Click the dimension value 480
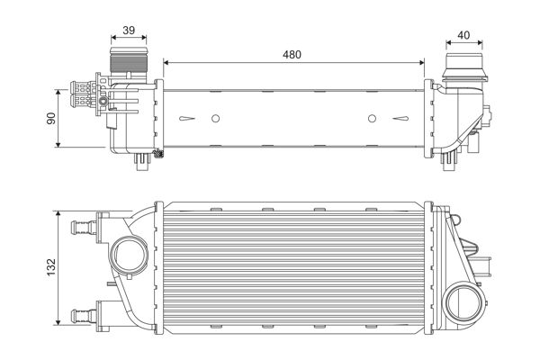pyautogui.click(x=291, y=54)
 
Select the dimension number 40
pyautogui.click(x=464, y=35)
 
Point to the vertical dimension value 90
pyautogui.click(x=51, y=118)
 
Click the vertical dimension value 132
pyautogui.click(x=51, y=267)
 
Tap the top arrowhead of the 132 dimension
pyautogui.click(x=60, y=216)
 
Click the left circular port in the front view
pyautogui.click(x=126, y=252)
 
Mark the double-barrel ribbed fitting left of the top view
pyautogui.click(x=82, y=94)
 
